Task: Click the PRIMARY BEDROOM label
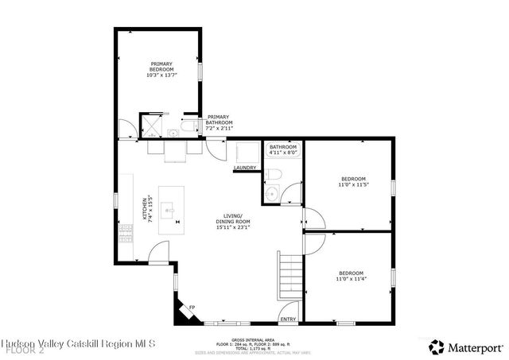[161, 68]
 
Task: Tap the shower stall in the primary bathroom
[150, 126]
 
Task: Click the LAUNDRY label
[244, 168]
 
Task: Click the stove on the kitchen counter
[125, 232]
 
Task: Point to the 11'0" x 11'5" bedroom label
[353, 182]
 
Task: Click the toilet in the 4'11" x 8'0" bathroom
[274, 173]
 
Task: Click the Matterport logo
[466, 346]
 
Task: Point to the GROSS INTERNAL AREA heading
[249, 339]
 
